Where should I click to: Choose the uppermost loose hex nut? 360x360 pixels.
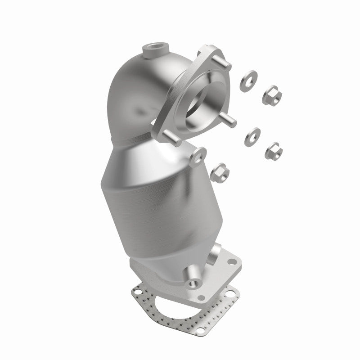(272, 93)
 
